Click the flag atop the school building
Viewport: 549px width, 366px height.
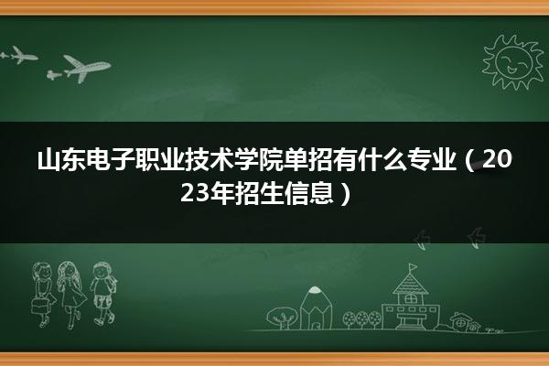[414, 267]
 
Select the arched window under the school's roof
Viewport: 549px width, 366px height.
[410, 299]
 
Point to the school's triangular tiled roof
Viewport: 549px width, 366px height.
[410, 284]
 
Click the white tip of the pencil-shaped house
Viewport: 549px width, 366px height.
[315, 290]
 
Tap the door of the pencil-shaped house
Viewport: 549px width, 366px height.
[316, 325]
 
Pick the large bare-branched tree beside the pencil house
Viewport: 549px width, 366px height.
[282, 318]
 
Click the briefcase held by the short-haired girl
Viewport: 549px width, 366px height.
[39, 307]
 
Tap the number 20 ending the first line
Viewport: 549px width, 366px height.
[498, 159]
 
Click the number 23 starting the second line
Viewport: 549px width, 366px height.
[195, 193]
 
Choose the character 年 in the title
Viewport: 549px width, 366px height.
[221, 193]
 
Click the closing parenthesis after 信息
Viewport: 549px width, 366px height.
[345, 194]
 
